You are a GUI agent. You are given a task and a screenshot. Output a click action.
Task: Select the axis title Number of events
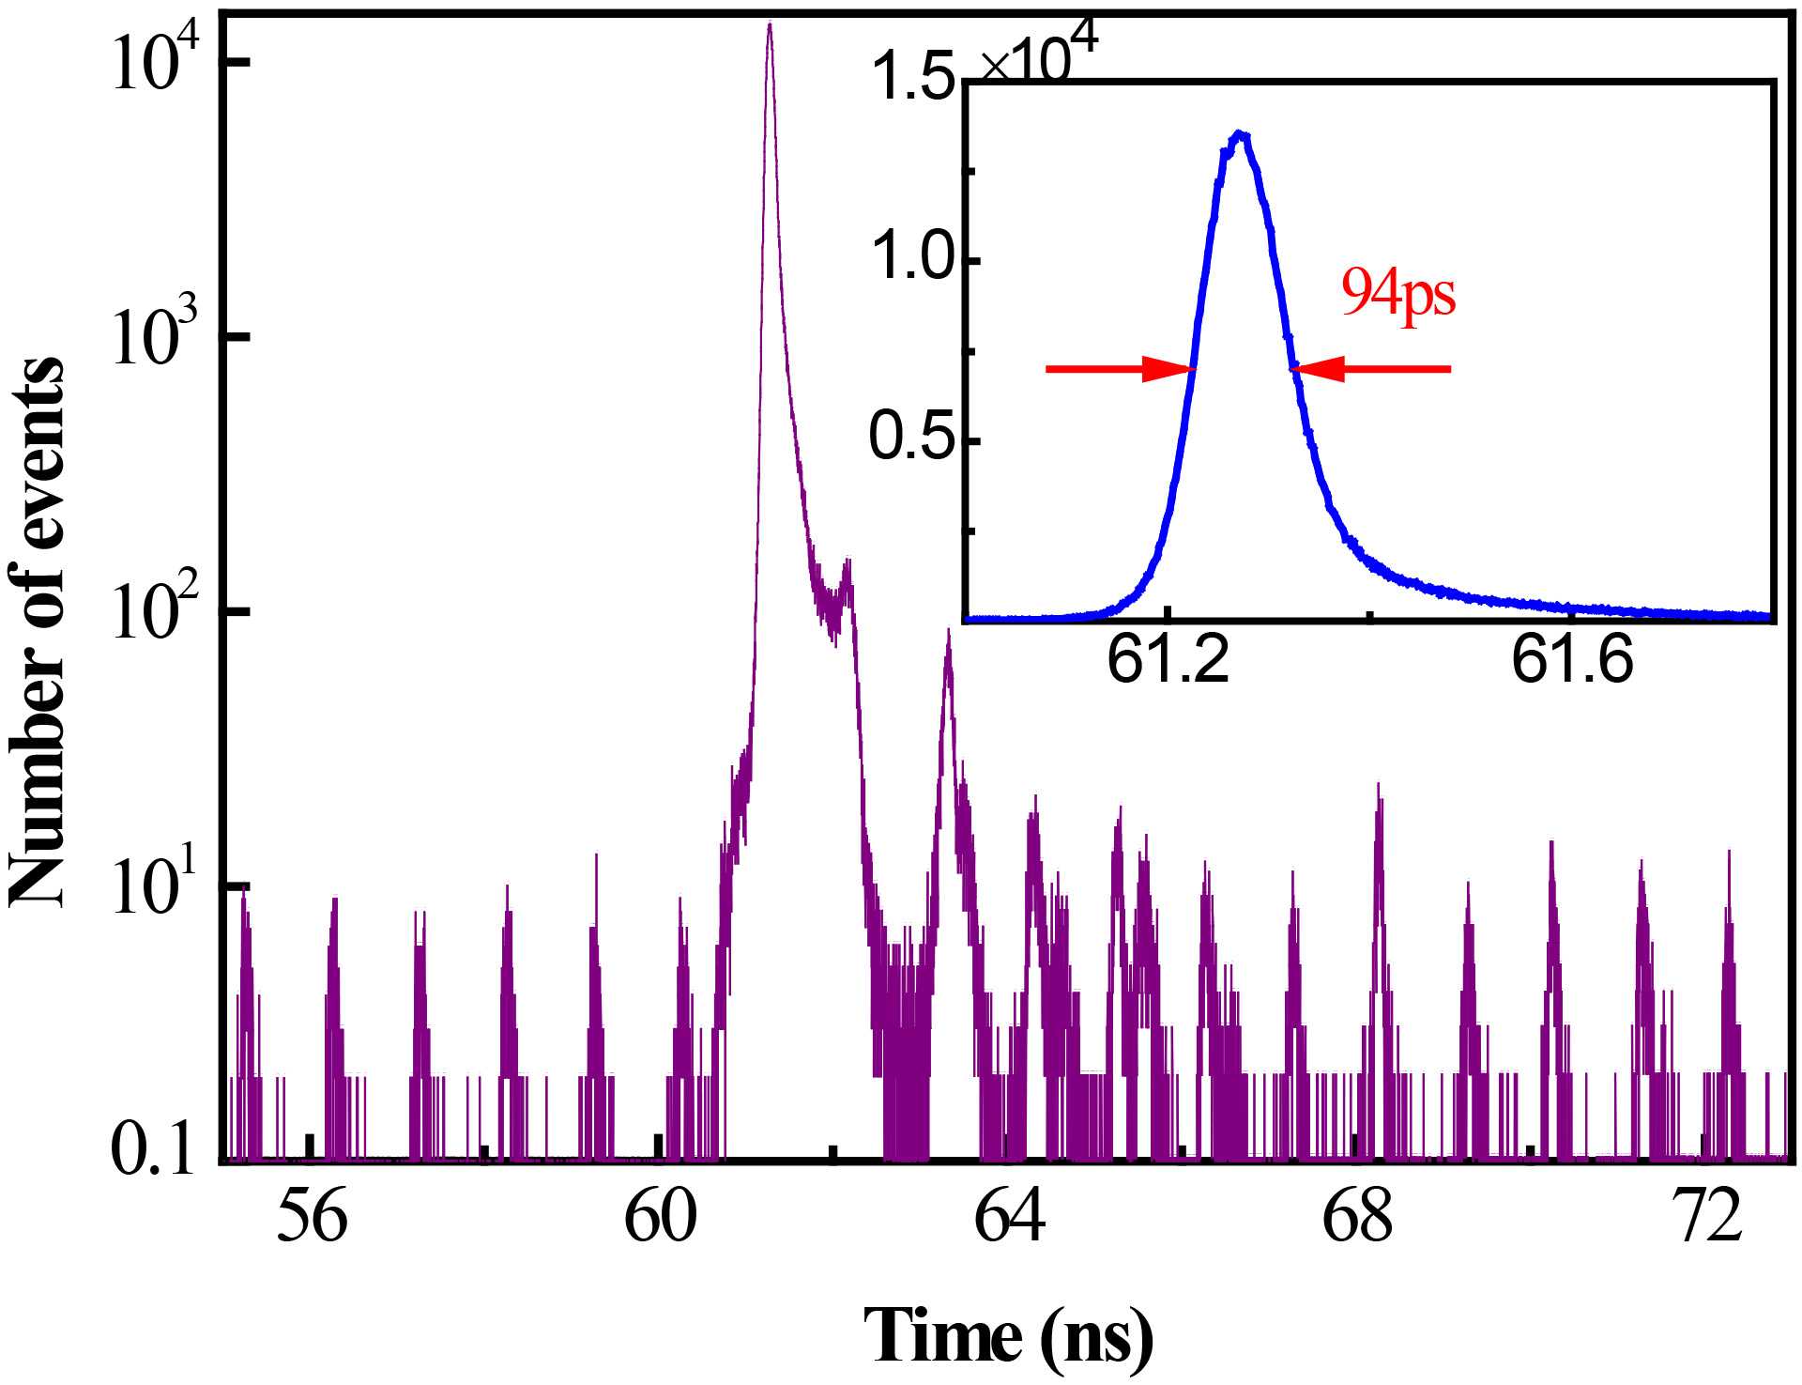click(38, 634)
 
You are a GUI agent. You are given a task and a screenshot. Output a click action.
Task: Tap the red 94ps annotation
click(1398, 294)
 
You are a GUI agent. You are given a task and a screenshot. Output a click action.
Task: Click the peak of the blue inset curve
click(1241, 134)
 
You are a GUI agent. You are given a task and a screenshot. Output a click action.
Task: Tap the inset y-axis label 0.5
click(911, 437)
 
